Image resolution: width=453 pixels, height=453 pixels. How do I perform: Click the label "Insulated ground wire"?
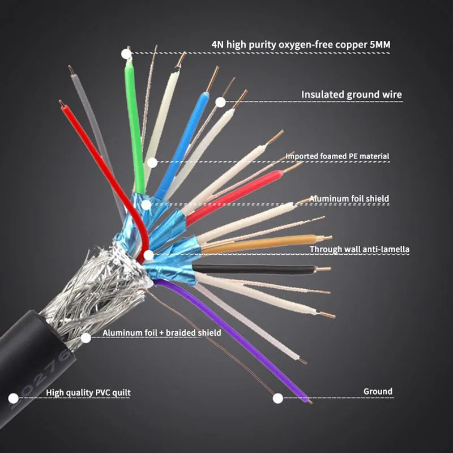(351, 95)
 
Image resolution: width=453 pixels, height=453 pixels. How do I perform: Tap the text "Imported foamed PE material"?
(337, 156)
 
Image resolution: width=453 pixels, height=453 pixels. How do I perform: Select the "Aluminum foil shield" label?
(349, 199)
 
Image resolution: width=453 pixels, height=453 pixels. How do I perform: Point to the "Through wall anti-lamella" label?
(360, 249)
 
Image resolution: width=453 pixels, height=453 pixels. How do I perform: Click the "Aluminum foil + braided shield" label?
(162, 333)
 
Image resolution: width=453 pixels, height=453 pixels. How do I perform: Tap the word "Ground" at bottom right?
(378, 391)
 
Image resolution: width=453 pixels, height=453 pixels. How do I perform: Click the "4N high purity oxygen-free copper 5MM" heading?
(301, 44)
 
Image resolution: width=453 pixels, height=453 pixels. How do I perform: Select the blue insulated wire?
(182, 142)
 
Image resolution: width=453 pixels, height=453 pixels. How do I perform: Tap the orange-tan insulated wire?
(266, 242)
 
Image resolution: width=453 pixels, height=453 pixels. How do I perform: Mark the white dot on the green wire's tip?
(126, 54)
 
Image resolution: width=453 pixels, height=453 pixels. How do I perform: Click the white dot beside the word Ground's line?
(277, 398)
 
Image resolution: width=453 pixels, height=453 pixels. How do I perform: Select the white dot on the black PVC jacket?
(12, 399)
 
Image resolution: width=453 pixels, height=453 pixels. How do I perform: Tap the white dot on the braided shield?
(86, 338)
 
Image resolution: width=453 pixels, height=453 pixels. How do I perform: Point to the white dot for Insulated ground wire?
(220, 102)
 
